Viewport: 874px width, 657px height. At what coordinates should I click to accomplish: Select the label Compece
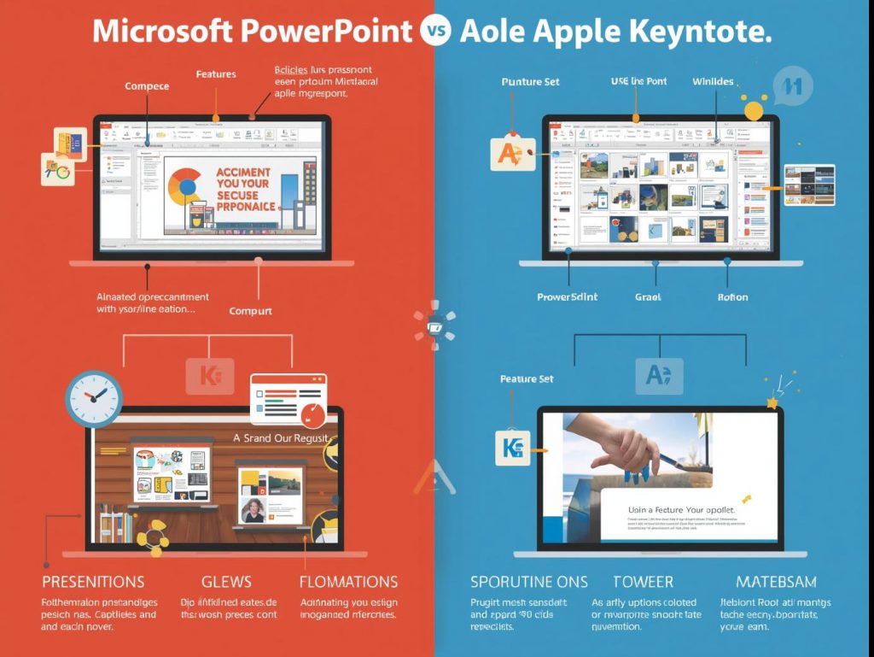(x=147, y=86)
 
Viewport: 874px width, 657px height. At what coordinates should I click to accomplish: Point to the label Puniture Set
(x=530, y=81)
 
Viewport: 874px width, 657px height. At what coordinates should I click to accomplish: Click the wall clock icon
(x=94, y=398)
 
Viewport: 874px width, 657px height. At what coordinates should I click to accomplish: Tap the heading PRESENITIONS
(x=93, y=582)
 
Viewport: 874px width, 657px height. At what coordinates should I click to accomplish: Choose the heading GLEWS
(x=226, y=582)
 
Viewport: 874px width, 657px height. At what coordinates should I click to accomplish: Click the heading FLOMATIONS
(x=348, y=582)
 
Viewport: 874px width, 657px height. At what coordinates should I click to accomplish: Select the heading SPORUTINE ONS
(x=528, y=582)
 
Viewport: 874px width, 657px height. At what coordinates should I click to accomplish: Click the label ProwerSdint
(x=567, y=297)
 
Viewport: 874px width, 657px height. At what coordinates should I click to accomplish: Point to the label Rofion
(x=732, y=297)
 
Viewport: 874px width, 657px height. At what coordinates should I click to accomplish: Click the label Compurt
(x=251, y=311)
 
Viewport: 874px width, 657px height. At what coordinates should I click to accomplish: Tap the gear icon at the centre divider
(x=434, y=326)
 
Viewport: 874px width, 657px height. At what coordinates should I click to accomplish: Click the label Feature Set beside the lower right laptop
(x=527, y=378)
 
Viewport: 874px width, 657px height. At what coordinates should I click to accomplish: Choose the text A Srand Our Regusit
(x=283, y=437)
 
